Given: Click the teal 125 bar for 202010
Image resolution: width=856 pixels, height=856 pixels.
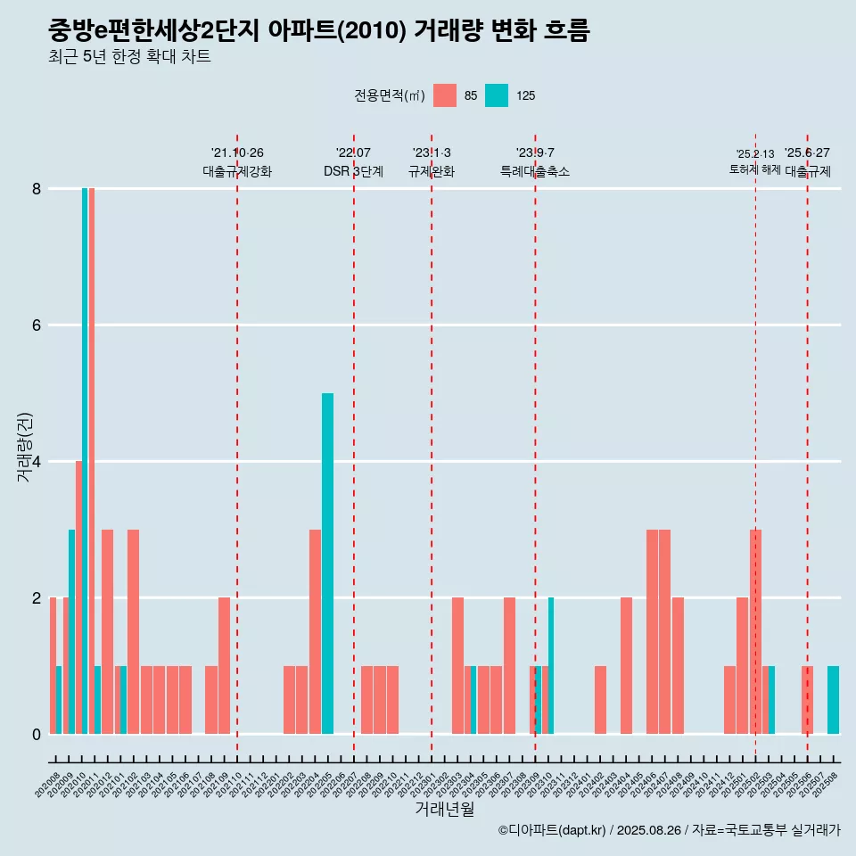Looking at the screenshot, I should pyautogui.click(x=85, y=460).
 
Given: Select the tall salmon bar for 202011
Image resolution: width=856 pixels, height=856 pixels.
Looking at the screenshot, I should pyautogui.click(x=91, y=460).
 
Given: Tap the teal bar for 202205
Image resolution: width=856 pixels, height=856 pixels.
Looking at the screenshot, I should pyautogui.click(x=327, y=563).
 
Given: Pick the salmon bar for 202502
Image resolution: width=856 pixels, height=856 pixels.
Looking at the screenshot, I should pyautogui.click(x=755, y=631).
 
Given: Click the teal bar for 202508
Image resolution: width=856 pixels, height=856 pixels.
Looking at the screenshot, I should pyautogui.click(x=833, y=700).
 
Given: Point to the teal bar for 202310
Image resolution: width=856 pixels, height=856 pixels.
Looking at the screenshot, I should pyautogui.click(x=551, y=665).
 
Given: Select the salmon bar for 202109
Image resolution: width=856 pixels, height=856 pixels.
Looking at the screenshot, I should pyautogui.click(x=224, y=665).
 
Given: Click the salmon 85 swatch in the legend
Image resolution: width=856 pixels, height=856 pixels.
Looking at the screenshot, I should pyautogui.click(x=445, y=95).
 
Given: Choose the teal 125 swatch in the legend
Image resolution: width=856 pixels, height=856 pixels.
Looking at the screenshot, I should pyautogui.click(x=497, y=95).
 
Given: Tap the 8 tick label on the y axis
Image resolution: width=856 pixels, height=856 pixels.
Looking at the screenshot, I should pyautogui.click(x=37, y=189).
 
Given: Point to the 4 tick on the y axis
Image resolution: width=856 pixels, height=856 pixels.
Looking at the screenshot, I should pyautogui.click(x=37, y=462).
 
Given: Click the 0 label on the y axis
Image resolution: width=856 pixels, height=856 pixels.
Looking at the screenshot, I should pyautogui.click(x=37, y=735).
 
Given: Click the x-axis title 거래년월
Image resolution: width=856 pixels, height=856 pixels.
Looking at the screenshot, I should pyautogui.click(x=444, y=810).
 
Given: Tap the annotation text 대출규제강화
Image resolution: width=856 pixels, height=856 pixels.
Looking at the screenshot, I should pyautogui.click(x=237, y=171).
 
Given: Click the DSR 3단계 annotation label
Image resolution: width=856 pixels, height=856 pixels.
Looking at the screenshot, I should pyautogui.click(x=353, y=171).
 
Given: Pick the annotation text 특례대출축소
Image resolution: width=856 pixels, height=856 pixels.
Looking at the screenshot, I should pyautogui.click(x=535, y=171).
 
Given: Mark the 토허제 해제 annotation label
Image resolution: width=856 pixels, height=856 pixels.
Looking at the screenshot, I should pyautogui.click(x=754, y=169).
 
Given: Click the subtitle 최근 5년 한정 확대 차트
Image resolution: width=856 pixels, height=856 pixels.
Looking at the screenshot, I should pyautogui.click(x=130, y=57).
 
